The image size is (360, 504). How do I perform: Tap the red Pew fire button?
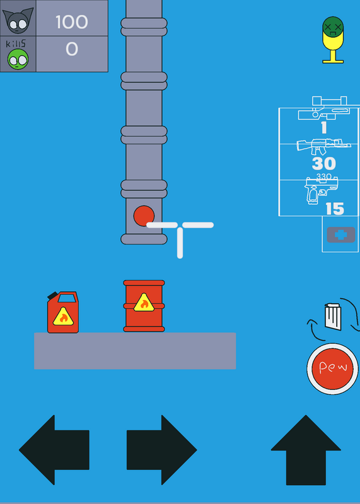pos(332,369)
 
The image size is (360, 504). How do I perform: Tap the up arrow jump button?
pos(306,450)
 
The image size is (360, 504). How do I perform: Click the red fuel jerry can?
pos(63,312)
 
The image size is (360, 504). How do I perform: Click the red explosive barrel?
pos(144,306)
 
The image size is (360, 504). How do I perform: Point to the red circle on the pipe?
pos(144,215)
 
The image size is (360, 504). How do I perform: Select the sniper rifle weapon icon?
pos(324,108)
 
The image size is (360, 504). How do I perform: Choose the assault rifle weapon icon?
pos(323,147)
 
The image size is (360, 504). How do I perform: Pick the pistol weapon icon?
pos(322,191)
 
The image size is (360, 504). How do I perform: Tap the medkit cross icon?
pos(341,234)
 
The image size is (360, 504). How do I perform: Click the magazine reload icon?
pos(333,317)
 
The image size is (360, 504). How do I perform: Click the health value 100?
pos(72,22)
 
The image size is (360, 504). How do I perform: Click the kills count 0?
pos(72,49)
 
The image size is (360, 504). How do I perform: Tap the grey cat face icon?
pos(18,20)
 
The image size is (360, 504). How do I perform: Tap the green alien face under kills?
pos(18,59)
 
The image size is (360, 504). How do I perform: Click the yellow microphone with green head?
pos(333,40)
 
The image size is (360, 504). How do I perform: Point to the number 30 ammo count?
pos(324,164)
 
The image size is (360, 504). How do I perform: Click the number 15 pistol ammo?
pos(335,209)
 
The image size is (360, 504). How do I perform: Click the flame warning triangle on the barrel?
pos(144,303)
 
